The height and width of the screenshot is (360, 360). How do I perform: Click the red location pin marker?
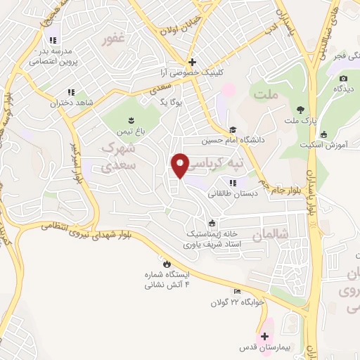181,165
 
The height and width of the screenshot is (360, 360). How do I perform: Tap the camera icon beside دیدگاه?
343,79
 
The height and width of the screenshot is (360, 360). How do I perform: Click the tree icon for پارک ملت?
301,108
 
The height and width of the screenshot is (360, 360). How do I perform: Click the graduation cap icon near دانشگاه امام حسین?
232,129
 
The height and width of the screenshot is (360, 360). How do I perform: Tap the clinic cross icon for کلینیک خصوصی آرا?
191,61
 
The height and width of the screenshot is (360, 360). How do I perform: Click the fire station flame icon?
165,264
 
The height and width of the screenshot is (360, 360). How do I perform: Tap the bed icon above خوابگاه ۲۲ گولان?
237,292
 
